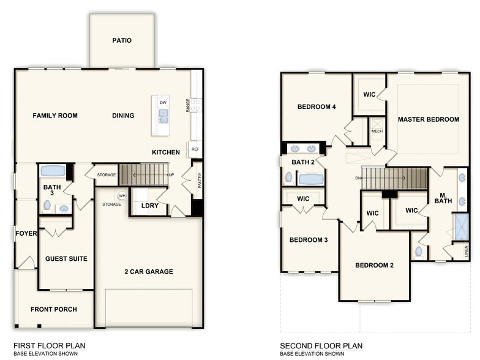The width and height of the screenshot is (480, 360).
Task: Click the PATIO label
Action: coord(122,41)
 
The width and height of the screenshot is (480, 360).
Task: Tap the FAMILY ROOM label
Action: coord(55,116)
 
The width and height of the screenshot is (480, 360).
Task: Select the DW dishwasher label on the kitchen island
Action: coord(163,102)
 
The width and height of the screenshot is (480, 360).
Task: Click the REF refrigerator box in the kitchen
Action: coord(195,149)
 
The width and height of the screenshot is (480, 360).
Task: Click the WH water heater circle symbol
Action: coord(122,196)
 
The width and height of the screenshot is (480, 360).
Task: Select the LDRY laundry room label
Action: coord(149,206)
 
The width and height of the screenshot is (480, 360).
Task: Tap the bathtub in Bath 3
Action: coord(53,171)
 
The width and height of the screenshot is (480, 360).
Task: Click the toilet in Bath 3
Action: coord(47,205)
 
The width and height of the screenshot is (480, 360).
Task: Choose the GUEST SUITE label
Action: coord(66,259)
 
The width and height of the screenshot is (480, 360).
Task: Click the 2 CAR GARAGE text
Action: coord(149,272)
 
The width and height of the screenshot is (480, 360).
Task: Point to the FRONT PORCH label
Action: coord(54,310)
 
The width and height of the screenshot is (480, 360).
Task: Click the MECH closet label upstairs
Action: coord(377,131)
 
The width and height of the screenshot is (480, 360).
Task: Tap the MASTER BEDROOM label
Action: coord(429,119)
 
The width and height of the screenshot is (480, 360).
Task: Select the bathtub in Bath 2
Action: coord(310,179)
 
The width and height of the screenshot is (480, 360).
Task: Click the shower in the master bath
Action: coord(460,227)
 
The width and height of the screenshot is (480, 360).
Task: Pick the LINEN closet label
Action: coord(466,250)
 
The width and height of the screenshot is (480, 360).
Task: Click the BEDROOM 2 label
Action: coord(375,265)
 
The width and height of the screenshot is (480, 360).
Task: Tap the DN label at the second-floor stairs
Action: coord(358,178)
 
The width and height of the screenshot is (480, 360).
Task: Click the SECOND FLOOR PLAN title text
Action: coord(321,345)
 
